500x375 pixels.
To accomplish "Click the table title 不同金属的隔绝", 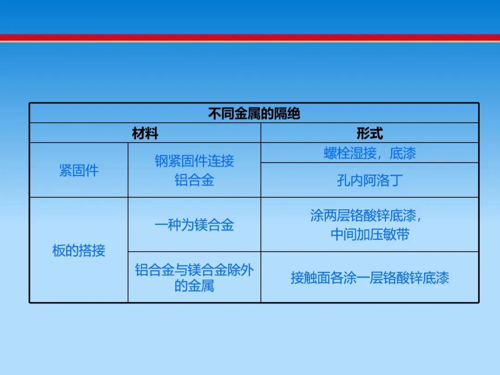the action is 254,113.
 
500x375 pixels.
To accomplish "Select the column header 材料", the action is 145,133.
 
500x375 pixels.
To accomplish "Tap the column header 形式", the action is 369,133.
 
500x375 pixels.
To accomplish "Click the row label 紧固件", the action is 79,170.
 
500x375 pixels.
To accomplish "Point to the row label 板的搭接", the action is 79,250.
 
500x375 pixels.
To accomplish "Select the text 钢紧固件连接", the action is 194,161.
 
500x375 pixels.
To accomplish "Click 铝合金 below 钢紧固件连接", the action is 194,180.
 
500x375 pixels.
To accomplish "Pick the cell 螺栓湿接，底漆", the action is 369,153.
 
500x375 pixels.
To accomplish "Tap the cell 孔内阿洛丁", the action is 369,181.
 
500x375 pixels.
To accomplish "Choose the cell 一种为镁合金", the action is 194,225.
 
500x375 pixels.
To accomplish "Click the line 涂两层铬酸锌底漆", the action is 363,216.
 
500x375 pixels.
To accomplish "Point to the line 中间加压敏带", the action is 370,234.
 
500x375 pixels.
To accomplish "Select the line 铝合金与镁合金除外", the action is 194,270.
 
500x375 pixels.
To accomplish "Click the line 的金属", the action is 194,285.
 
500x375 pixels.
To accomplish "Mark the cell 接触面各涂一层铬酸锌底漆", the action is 369,278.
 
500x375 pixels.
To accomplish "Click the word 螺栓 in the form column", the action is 337,153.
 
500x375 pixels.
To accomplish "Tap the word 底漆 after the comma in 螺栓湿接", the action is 403,153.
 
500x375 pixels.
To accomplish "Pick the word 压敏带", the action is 390,234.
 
